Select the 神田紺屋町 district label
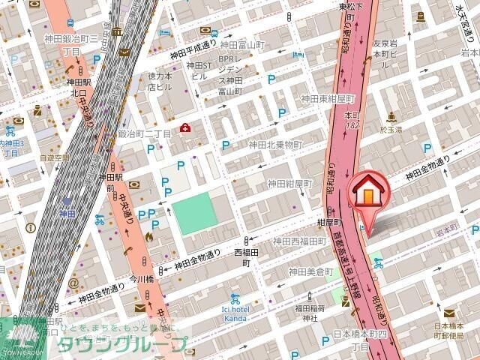coord(289,183)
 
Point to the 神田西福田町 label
coord(299,241)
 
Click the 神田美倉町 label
coord(310,271)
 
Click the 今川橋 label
coord(141,278)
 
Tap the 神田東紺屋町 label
coord(327,98)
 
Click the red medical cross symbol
coord(184,129)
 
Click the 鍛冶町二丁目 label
coord(144,133)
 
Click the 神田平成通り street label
coord(193,53)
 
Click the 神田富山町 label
coord(243,45)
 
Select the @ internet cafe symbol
coord(73,283)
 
